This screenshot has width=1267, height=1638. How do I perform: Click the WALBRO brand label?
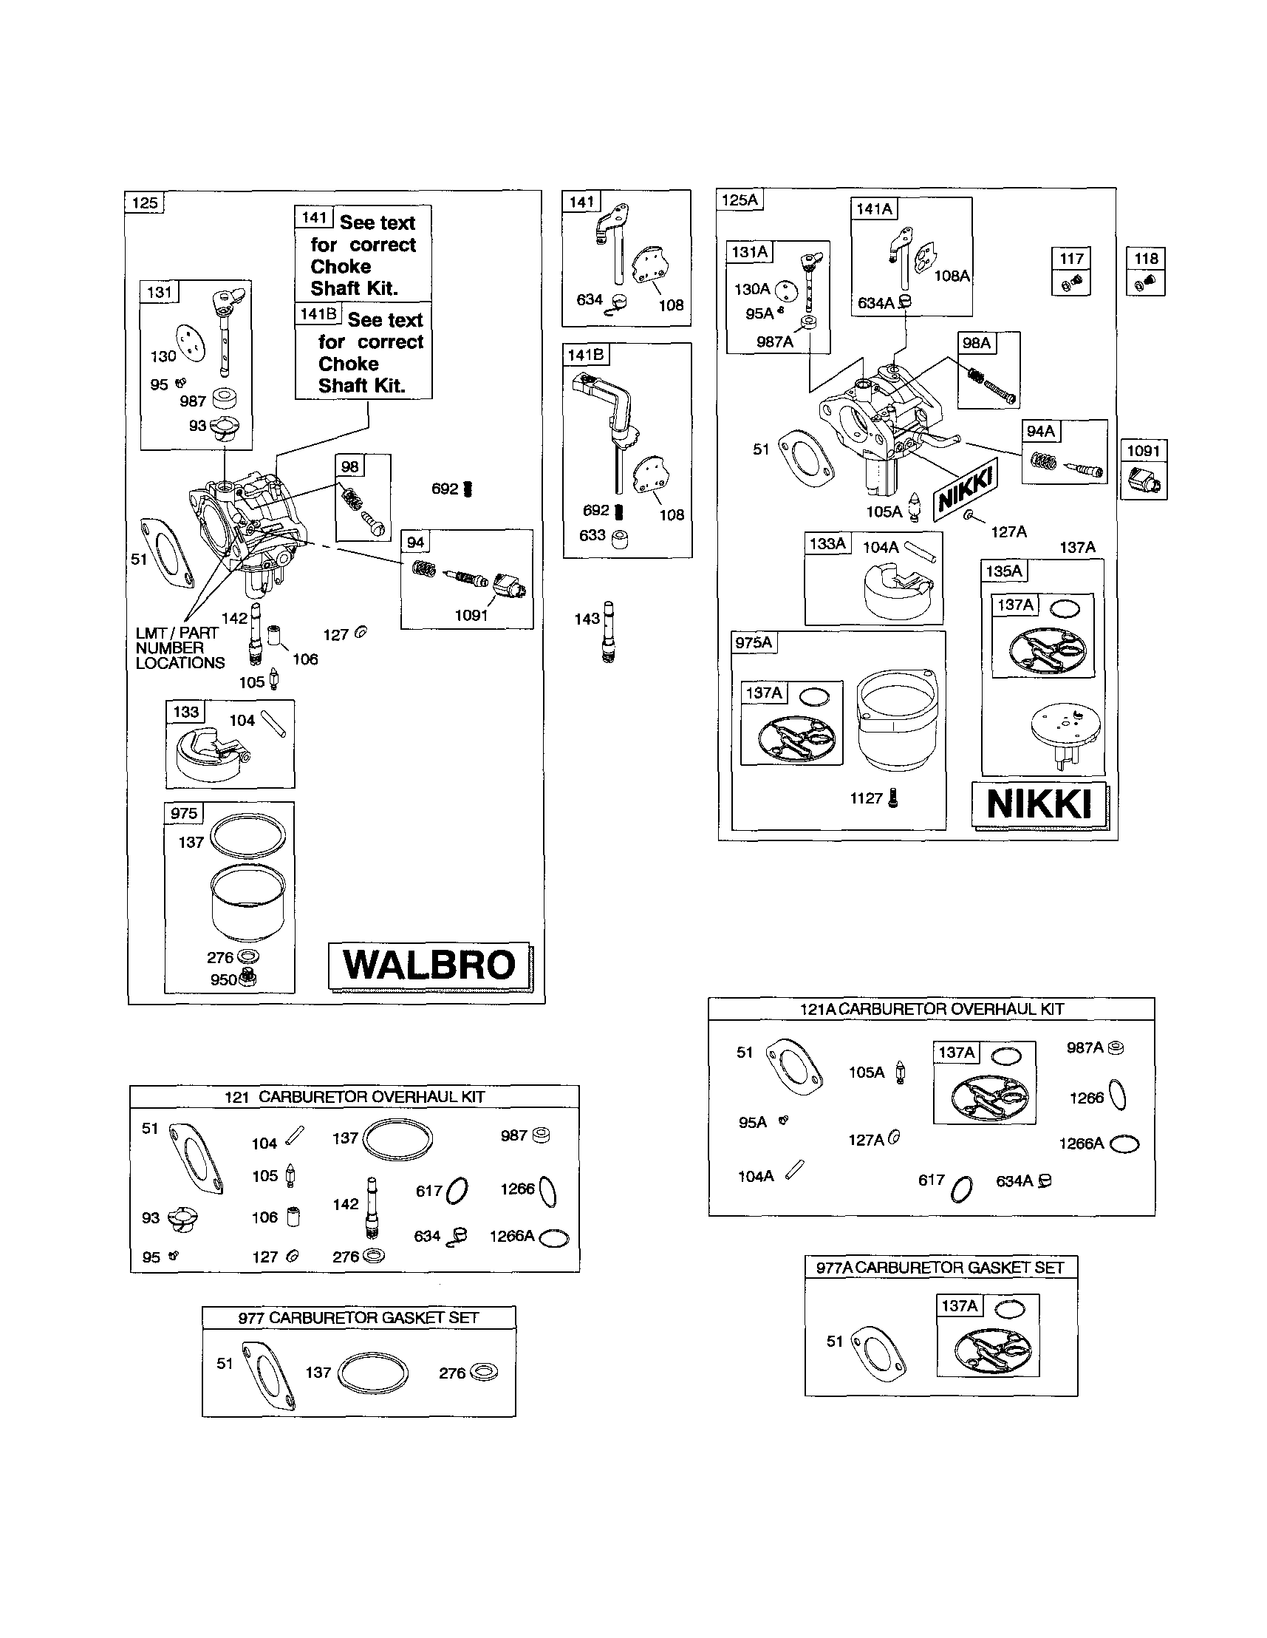[429, 965]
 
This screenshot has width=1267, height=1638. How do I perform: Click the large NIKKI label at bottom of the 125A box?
[1039, 805]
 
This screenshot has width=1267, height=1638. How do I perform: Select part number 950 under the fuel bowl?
[223, 979]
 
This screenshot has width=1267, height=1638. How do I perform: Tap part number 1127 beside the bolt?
[866, 798]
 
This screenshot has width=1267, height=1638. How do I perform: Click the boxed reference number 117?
[1071, 259]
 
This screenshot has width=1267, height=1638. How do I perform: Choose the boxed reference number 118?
[1146, 259]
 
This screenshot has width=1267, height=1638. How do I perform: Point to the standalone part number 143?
[587, 619]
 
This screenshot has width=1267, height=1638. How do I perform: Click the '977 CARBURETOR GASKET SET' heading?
[358, 1318]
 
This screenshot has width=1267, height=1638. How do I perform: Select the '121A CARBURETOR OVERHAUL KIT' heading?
[932, 1009]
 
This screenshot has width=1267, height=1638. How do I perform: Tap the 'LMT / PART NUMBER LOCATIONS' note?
[180, 648]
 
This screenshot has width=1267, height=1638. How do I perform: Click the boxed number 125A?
[740, 200]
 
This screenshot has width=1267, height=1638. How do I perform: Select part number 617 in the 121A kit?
[931, 1180]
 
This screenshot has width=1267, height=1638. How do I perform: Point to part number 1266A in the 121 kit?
[512, 1236]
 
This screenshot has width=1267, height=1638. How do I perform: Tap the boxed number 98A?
[977, 343]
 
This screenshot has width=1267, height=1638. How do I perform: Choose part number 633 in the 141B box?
[592, 534]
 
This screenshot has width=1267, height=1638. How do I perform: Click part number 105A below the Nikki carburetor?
[884, 512]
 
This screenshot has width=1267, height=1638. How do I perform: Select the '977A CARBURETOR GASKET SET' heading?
[940, 1268]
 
